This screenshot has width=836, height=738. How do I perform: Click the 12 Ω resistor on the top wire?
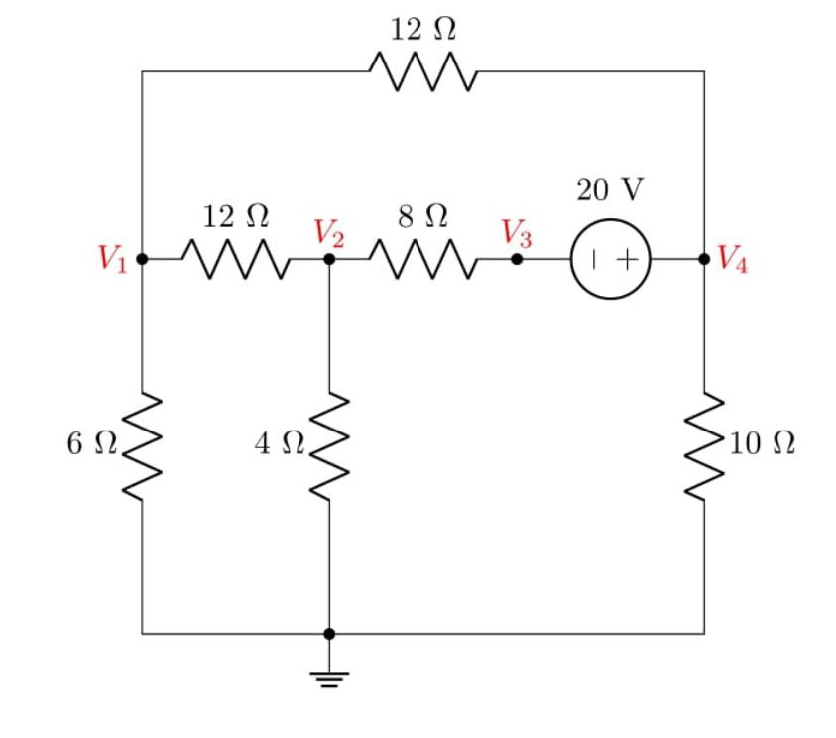point(423,72)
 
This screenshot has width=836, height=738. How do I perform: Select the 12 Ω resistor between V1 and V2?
point(236,259)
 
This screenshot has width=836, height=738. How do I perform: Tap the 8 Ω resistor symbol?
point(423,259)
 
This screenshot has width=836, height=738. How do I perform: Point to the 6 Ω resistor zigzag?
point(142,445)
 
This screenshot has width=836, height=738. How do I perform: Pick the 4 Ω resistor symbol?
point(329,445)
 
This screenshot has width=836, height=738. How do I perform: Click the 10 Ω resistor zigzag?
point(704,445)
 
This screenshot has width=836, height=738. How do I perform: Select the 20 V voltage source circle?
point(611,259)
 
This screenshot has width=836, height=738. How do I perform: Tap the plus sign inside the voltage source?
point(628,259)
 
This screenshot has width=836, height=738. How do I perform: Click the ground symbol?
point(329,678)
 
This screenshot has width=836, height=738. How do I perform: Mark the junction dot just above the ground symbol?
point(329,633)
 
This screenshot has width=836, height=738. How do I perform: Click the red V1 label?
point(112,259)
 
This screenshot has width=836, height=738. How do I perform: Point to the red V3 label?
point(516,234)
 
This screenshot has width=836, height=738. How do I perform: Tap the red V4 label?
point(734,259)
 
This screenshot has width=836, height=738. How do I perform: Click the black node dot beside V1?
point(142,259)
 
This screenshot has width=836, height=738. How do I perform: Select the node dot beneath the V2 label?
point(329,259)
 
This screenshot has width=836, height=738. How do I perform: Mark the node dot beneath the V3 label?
point(517,259)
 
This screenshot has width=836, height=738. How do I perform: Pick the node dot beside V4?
point(704,259)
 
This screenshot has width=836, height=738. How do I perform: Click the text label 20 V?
point(610,189)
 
